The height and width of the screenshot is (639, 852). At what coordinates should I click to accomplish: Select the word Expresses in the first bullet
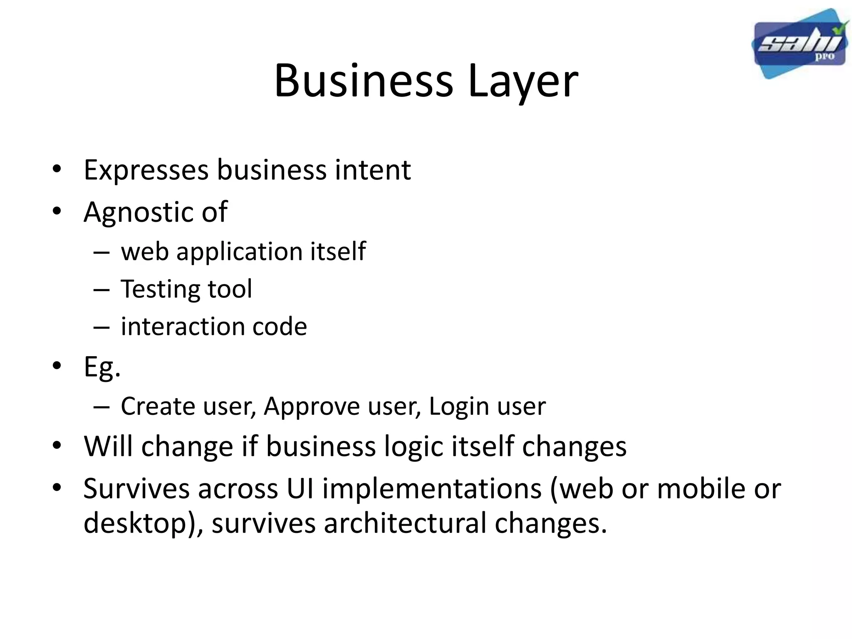point(146,170)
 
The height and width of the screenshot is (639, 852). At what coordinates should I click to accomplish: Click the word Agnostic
point(137,213)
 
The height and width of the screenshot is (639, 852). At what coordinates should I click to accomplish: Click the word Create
point(158,406)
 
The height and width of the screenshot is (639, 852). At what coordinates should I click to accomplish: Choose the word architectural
point(405,523)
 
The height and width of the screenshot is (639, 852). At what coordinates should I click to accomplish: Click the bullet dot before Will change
point(57,446)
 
